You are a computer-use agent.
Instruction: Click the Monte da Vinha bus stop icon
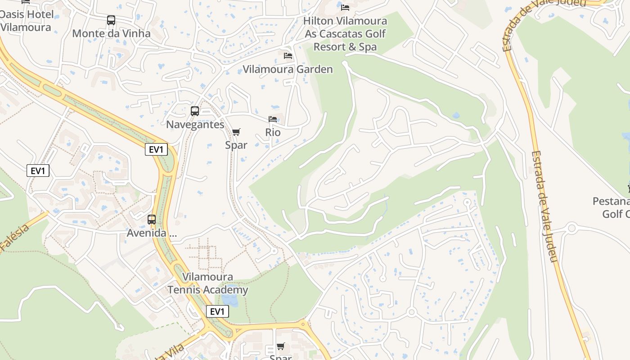pyautogui.click(x=111, y=20)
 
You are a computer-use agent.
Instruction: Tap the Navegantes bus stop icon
pyautogui.click(x=195, y=111)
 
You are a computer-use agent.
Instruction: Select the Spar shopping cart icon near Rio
pyautogui.click(x=236, y=132)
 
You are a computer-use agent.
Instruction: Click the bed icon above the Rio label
pyautogui.click(x=273, y=119)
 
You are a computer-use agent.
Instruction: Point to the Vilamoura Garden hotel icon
pyautogui.click(x=288, y=56)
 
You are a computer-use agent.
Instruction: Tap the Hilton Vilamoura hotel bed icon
pyautogui.click(x=345, y=8)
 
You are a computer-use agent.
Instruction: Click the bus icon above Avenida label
pyautogui.click(x=152, y=220)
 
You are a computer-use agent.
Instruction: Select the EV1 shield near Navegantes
pyautogui.click(x=156, y=149)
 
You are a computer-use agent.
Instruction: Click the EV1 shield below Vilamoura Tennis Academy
pyautogui.click(x=217, y=311)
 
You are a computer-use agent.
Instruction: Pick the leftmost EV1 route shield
pyautogui.click(x=38, y=171)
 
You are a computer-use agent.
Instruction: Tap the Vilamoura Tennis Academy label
pyautogui.click(x=207, y=283)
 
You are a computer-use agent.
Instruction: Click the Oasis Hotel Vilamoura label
pyautogui.click(x=26, y=21)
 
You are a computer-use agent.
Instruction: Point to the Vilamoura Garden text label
pyautogui.click(x=288, y=69)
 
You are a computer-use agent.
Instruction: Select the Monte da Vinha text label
pyautogui.click(x=111, y=33)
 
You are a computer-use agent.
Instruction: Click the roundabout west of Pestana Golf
pyautogui.click(x=572, y=228)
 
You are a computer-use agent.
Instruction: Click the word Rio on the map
pyautogui.click(x=273, y=132)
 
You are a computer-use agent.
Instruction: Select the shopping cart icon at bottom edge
pyautogui.click(x=281, y=346)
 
